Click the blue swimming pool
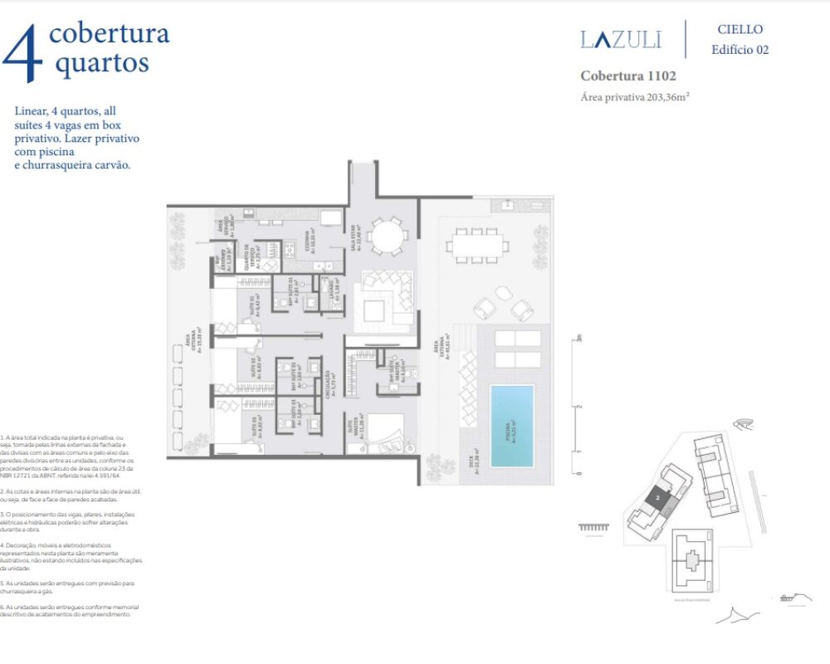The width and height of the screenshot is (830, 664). click(511, 425)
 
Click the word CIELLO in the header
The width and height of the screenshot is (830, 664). click(740, 29)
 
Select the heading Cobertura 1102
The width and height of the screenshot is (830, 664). click(627, 76)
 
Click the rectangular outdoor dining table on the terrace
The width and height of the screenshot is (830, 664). click(478, 246)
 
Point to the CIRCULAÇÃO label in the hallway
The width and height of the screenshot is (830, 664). click(329, 387)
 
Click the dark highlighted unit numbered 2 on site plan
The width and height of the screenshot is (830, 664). click(657, 499)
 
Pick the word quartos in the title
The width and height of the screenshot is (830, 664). click(102, 63)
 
